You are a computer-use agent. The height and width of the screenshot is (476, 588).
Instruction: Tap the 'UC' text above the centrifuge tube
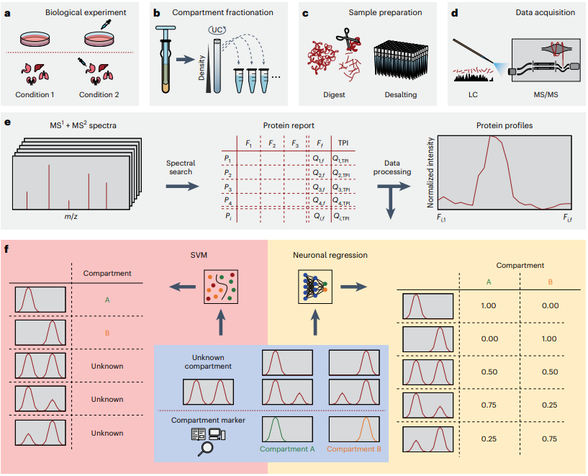pos(217,28)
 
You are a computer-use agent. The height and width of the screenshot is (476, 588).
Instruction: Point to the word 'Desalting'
pos(400,95)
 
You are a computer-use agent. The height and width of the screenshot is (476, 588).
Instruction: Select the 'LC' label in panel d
pos(474,95)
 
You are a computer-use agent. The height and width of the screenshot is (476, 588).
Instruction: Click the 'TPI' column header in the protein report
pos(343,143)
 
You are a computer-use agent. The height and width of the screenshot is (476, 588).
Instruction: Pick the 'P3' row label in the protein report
pos(227,187)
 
